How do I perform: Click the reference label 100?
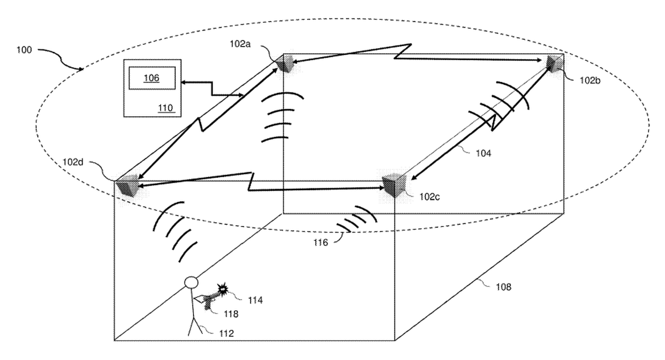coord(24,50)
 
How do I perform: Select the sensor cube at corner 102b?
coord(554,63)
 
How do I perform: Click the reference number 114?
coord(255,301)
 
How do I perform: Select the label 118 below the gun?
coord(231,314)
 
